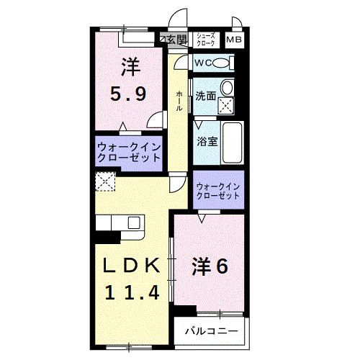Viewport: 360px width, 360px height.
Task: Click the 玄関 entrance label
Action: coord(176,39)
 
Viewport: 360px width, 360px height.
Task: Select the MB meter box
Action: coord(235,40)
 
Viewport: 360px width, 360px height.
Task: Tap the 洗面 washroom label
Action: coord(205,96)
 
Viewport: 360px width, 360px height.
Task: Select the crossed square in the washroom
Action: coord(227,105)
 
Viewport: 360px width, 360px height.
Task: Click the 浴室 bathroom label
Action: coord(207,141)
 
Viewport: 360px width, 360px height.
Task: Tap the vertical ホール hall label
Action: coord(179,100)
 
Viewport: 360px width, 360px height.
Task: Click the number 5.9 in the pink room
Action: coord(130,93)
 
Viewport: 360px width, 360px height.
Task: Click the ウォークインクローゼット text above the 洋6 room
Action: coord(218,191)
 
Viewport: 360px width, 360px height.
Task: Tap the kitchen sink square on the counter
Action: coord(134,224)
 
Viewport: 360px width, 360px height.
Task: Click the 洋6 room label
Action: coord(210,266)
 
